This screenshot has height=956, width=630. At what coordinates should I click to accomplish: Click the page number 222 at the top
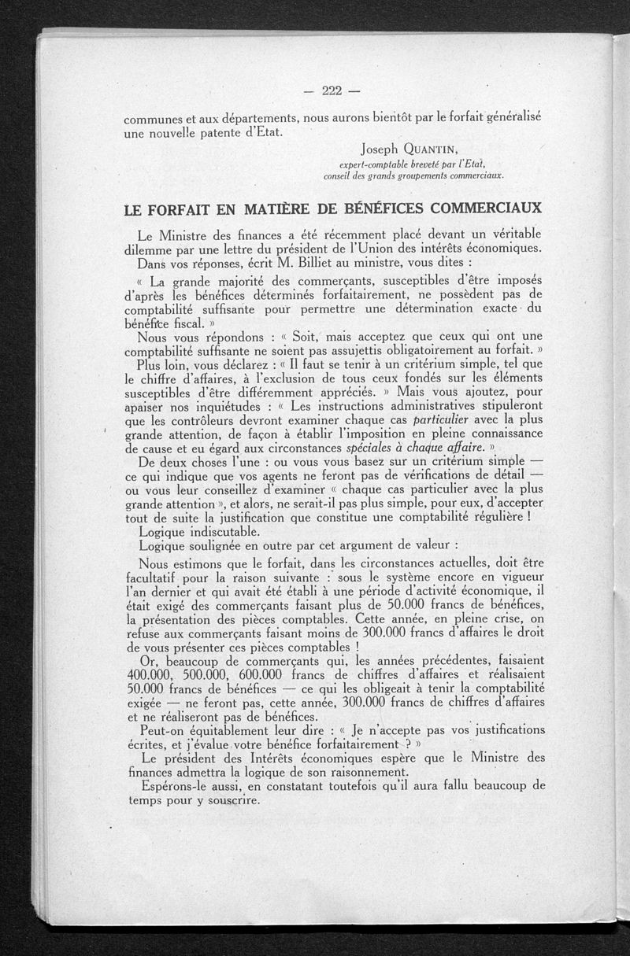pos(331,90)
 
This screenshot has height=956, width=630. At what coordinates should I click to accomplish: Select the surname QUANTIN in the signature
pos(432,149)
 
